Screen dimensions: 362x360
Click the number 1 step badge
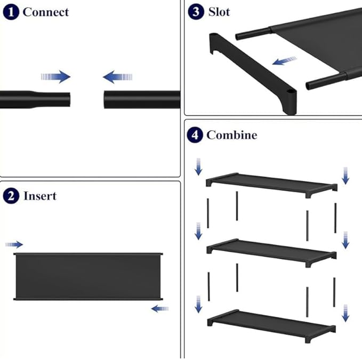click(11, 12)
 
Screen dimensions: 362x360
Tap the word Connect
click(46, 12)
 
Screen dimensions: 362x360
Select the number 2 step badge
click(11, 196)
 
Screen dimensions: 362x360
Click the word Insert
click(40, 196)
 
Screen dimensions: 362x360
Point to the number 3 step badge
click(196, 12)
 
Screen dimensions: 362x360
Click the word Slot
click(219, 12)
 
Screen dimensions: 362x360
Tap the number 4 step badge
click(195, 135)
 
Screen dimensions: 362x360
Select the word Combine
click(232, 135)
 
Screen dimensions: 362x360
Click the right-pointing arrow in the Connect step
click(55, 77)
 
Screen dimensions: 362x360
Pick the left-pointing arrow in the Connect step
click(117, 77)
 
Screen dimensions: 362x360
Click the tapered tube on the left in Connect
click(35, 100)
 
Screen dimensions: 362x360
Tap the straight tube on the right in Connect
click(142, 100)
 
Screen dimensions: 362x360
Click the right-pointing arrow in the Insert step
click(14, 245)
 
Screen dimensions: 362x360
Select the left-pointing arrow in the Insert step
click(160, 308)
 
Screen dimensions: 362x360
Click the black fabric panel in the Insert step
click(88, 276)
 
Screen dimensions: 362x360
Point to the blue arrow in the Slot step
click(285, 61)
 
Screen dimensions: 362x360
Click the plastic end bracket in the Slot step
click(253, 73)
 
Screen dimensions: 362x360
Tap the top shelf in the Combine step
click(271, 185)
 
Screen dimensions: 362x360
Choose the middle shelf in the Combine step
click(271, 253)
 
